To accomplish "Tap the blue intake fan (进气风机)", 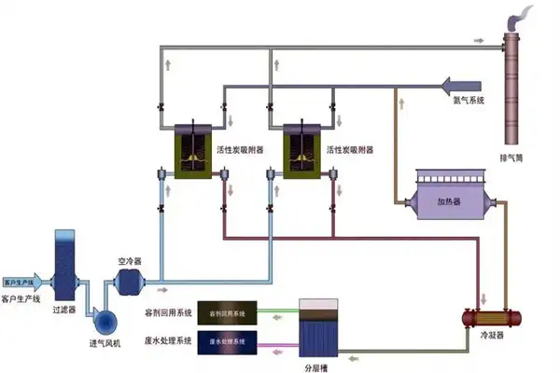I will point(106,319).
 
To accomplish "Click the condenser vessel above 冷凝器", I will point(491,317).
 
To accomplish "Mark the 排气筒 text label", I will point(511,158).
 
